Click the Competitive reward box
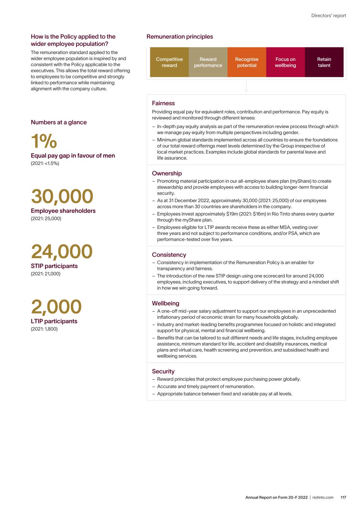pyautogui.click(x=169, y=62)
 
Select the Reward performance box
pyautogui.click(x=208, y=62)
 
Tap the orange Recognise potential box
pyautogui.click(x=247, y=62)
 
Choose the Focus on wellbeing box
pyautogui.click(x=285, y=62)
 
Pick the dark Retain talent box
pyautogui.click(x=324, y=62)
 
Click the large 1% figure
pyautogui.click(x=44, y=141)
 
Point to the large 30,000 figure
pyautogui.click(x=62, y=197)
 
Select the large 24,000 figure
pyautogui.click(x=62, y=252)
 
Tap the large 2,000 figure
pyautogui.click(x=56, y=307)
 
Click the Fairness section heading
pyautogui.click(x=163, y=103)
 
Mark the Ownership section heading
pyautogui.click(x=167, y=173)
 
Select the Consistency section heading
pyautogui.click(x=169, y=255)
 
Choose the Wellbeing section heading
pyautogui.click(x=166, y=304)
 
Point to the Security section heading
pyautogui.click(x=163, y=371)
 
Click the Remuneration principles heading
pyautogui.click(x=180, y=37)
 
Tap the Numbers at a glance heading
pyautogui.click(x=59, y=122)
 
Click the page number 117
pyautogui.click(x=343, y=497)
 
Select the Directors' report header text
pyautogui.click(x=329, y=16)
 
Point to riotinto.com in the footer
pyautogui.click(x=323, y=497)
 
